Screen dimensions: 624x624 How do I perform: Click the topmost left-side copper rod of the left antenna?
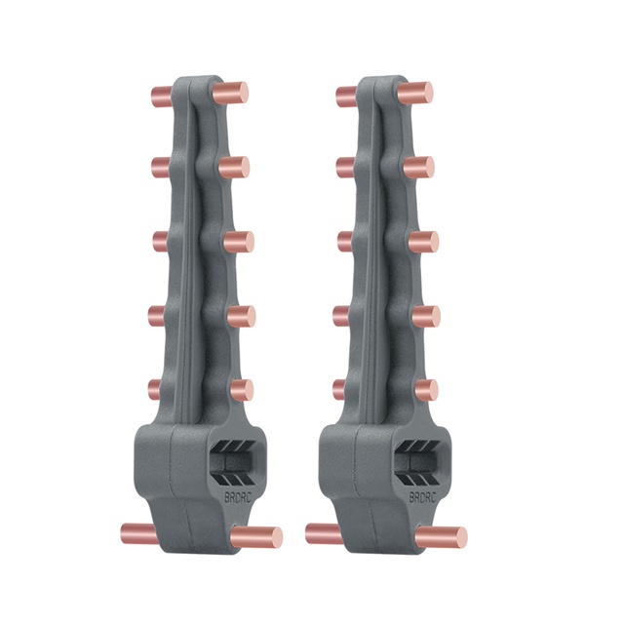click(161, 96)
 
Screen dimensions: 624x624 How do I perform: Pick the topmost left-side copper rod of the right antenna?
click(347, 96)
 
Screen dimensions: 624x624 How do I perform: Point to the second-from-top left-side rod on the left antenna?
click(162, 167)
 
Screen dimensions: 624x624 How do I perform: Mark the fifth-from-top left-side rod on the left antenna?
click(155, 389)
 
